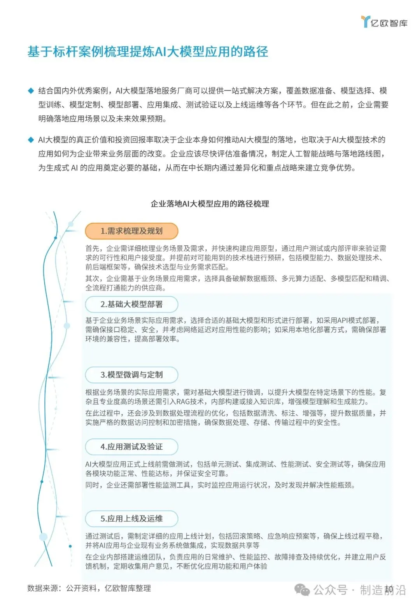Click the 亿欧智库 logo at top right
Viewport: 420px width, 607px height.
(384, 22)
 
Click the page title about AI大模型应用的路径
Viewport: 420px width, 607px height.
(148, 52)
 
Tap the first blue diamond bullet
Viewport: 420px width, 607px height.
(31, 91)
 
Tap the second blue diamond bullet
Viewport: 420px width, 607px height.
(31, 140)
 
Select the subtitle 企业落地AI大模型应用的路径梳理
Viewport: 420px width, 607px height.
(210, 204)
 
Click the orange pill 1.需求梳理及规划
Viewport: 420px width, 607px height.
(131, 231)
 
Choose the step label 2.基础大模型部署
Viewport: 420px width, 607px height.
(131, 304)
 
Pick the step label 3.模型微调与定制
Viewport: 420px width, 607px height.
(131, 375)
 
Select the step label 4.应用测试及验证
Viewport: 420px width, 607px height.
(131, 447)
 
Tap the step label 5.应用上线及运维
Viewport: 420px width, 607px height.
(131, 519)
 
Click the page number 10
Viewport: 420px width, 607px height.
(388, 589)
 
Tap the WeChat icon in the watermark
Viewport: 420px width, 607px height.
(302, 590)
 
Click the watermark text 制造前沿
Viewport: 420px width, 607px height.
(383, 590)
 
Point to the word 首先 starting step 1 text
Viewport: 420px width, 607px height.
(93, 248)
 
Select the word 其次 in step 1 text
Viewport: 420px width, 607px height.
(93, 278)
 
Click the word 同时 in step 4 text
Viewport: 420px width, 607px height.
(93, 485)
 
